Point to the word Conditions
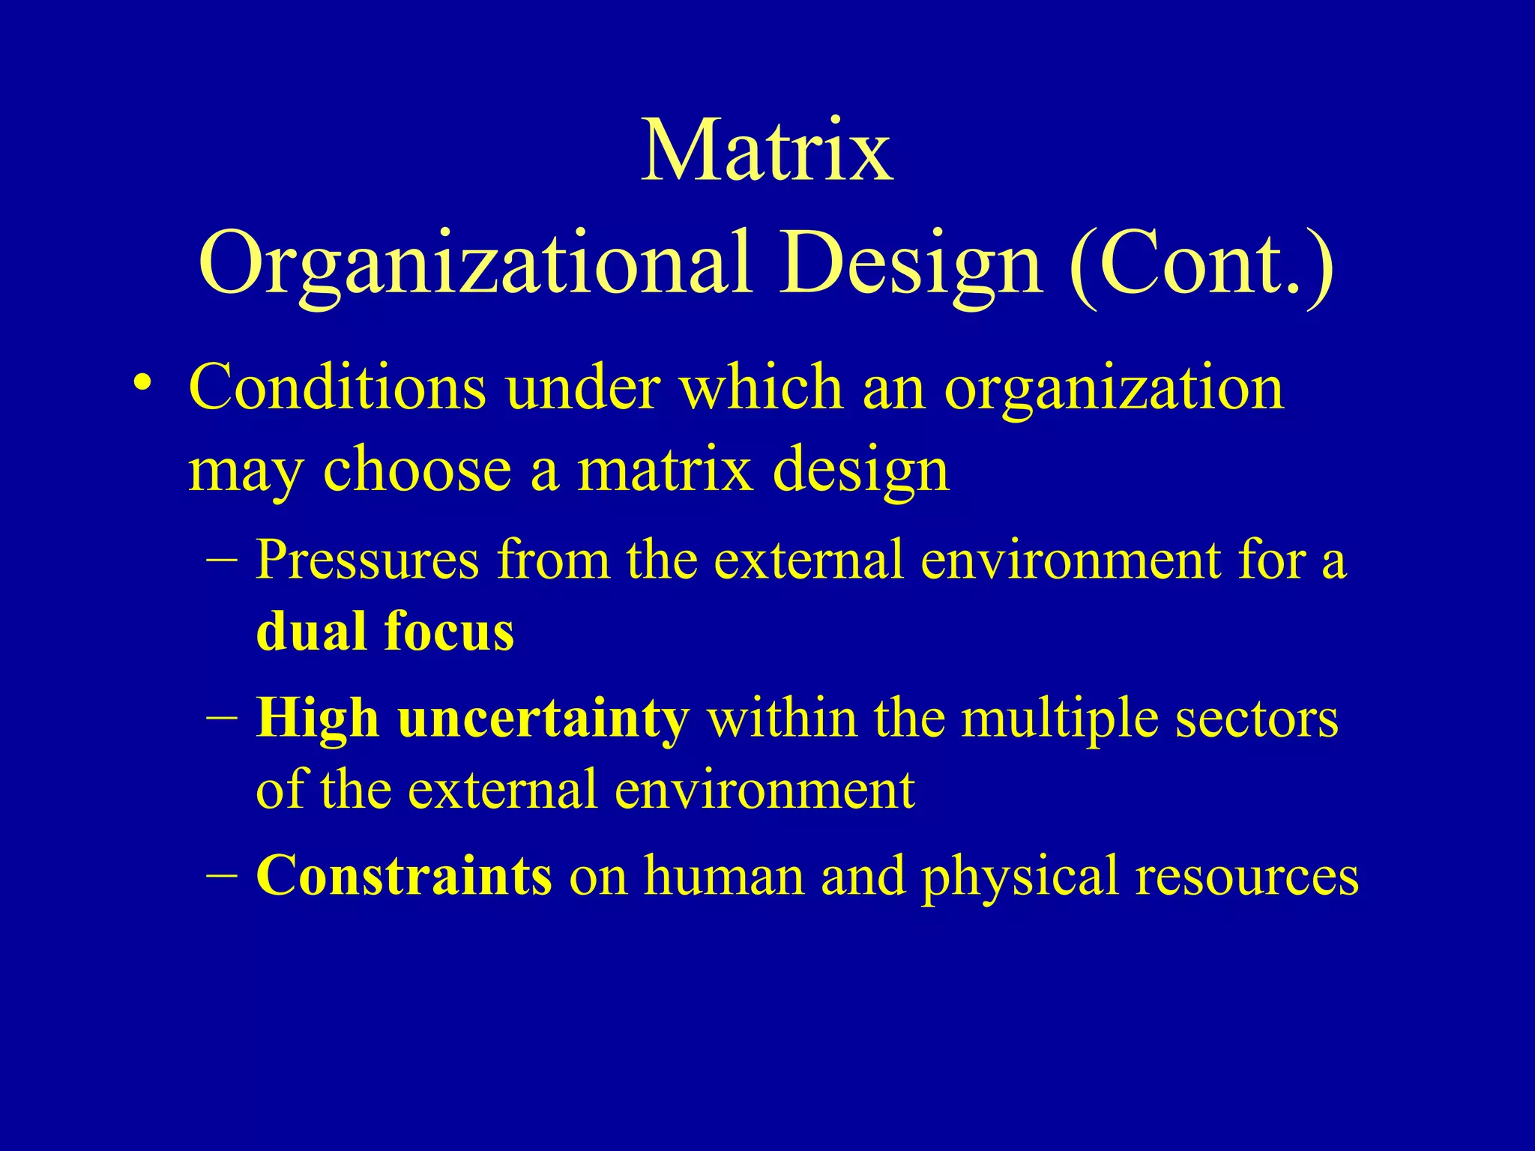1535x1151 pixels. pos(337,388)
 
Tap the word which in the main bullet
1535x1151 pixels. pos(762,388)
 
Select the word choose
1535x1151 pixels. pos(417,471)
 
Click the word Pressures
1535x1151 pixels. pos(367,560)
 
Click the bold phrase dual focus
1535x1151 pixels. pos(384,632)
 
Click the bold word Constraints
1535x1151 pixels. pos(404,875)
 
